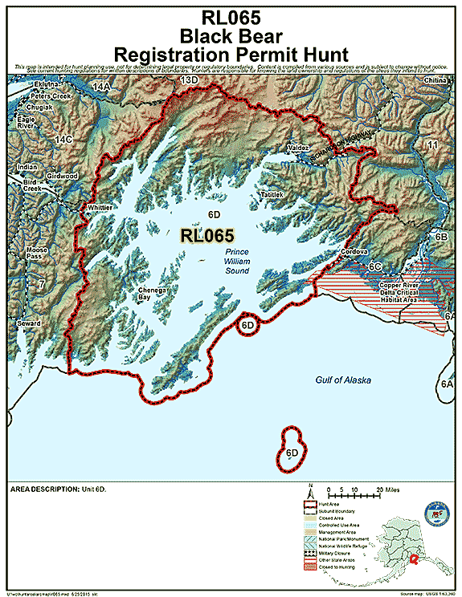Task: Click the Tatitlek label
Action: coord(272,195)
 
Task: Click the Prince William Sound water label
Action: coord(237,262)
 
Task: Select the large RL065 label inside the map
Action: coord(207,236)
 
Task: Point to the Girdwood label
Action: coord(62,175)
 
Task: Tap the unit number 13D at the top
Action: coord(188,81)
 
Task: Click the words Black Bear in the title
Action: coord(231,36)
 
